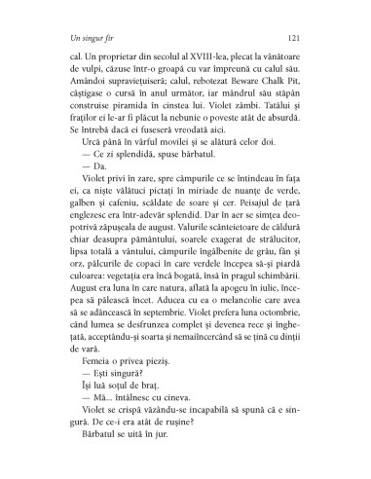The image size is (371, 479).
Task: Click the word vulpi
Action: tap(93, 74)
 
